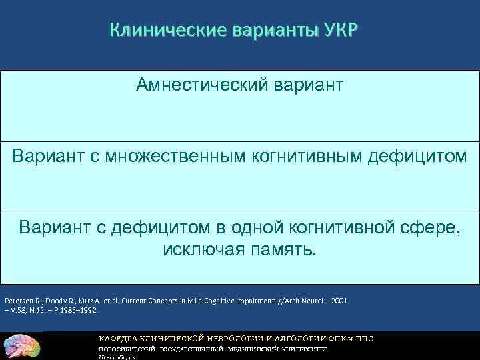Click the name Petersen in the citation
pyautogui.click(x=18, y=301)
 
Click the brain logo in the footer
pyautogui.click(x=22, y=345)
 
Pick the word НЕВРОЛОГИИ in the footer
pyautogui.click(x=237, y=338)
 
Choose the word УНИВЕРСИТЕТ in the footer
pyautogui.click(x=304, y=349)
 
